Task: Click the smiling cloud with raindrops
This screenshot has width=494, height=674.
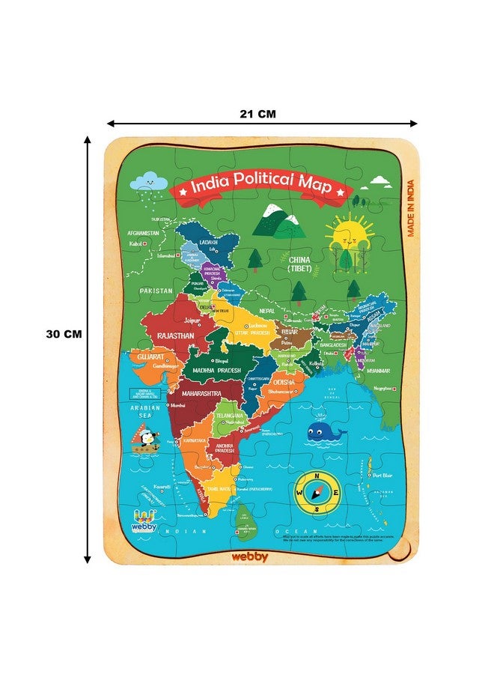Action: [147, 181]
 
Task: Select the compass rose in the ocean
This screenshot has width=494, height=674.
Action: [317, 493]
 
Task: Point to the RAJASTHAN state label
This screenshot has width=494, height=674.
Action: [175, 336]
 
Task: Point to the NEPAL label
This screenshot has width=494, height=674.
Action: [267, 310]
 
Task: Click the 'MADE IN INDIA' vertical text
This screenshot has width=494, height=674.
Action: [411, 207]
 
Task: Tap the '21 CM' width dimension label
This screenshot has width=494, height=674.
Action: [258, 114]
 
